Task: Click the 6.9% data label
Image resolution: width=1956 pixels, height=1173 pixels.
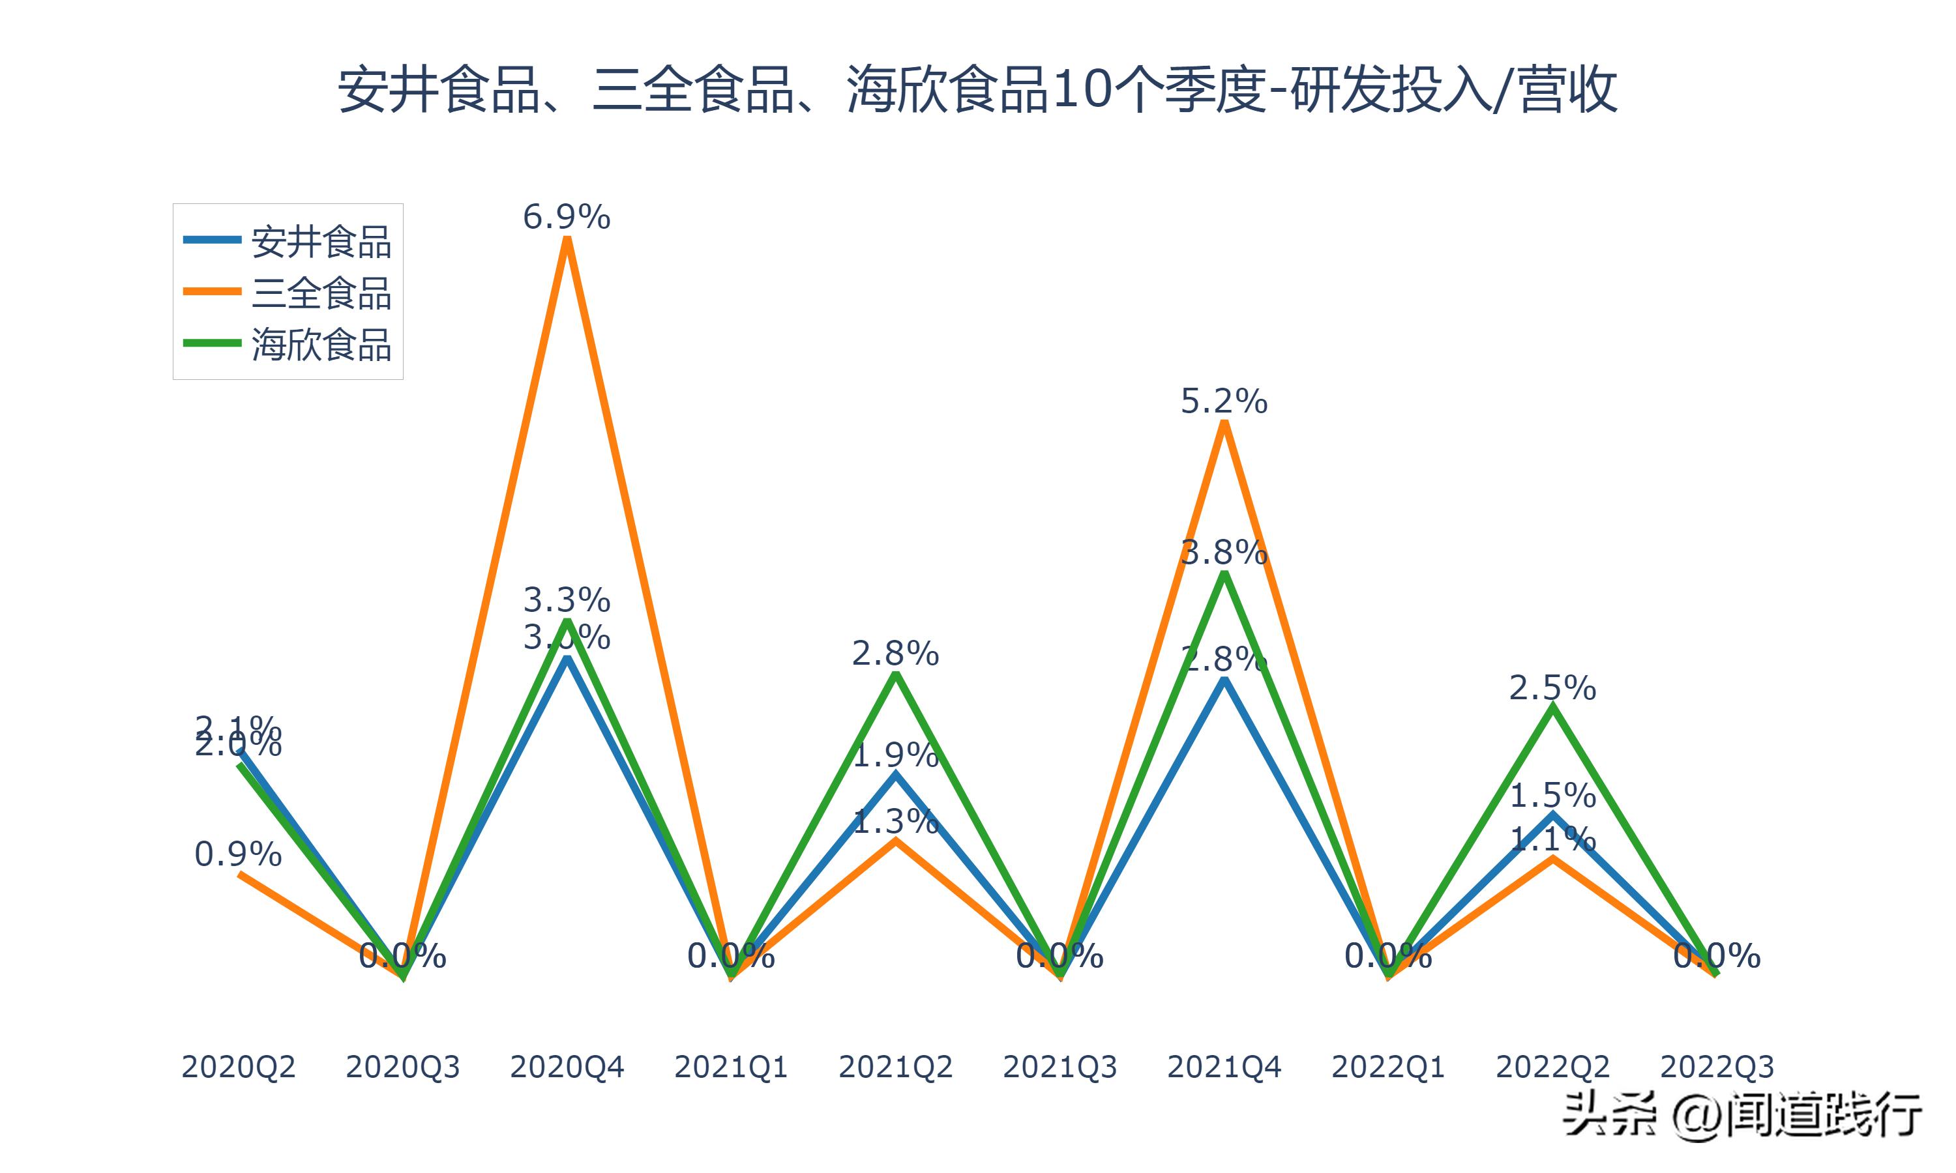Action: (566, 216)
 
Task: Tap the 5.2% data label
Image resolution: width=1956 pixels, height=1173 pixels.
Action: (1223, 402)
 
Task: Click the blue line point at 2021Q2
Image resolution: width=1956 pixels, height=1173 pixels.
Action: (896, 775)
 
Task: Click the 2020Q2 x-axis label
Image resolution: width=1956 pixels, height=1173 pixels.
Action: (238, 1067)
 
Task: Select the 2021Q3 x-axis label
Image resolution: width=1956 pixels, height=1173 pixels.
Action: (1059, 1067)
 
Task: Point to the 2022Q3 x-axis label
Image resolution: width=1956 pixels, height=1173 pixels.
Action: (1717, 1067)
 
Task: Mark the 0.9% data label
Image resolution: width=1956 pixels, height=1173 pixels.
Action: (238, 854)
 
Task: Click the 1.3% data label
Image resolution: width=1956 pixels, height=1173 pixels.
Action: (895, 822)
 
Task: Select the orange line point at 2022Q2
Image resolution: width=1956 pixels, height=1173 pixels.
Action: (1553, 858)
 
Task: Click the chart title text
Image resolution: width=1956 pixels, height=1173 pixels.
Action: (977, 90)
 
